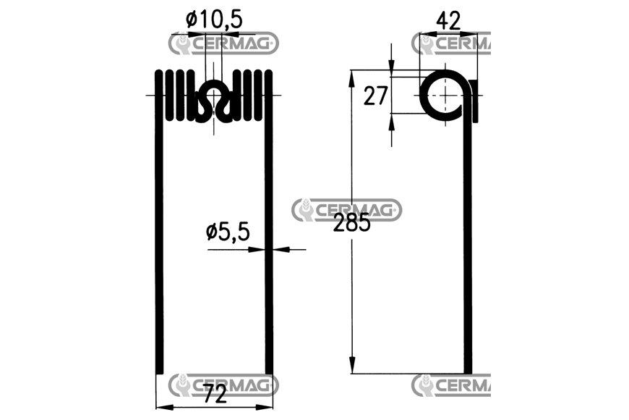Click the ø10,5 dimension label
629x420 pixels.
click(x=214, y=20)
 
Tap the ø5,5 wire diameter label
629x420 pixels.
click(x=228, y=232)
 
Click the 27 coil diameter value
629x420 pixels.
click(x=375, y=96)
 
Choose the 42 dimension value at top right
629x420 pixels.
click(x=448, y=21)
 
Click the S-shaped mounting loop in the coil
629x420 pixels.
click(x=214, y=101)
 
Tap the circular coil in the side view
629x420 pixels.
click(x=445, y=96)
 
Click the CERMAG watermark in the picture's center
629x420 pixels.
click(x=346, y=210)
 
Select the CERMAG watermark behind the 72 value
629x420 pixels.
click(x=223, y=385)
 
